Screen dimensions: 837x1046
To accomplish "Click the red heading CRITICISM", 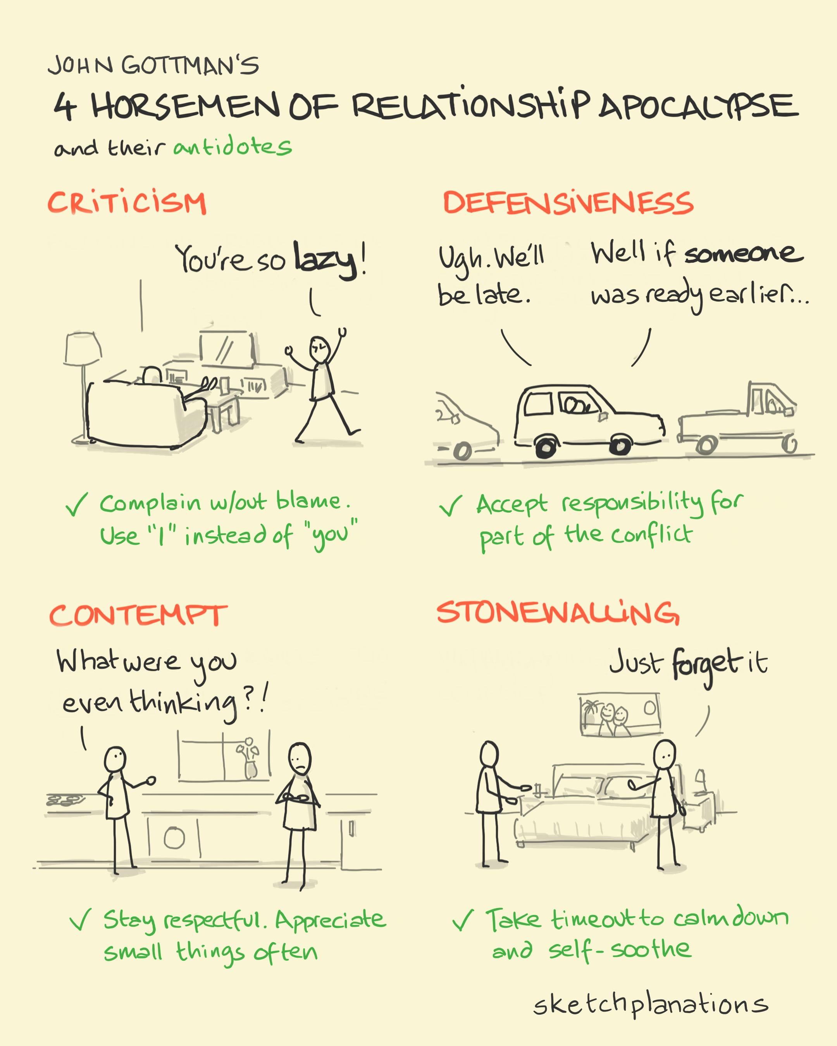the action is (x=127, y=203).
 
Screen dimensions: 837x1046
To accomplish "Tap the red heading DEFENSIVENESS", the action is (x=568, y=202).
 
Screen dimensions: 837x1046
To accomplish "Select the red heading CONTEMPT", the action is (x=138, y=616).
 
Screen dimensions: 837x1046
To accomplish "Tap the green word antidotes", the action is (x=233, y=147).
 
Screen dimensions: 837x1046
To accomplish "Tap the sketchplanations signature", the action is (x=650, y=1004).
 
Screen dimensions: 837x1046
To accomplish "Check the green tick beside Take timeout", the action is (x=462, y=920).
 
